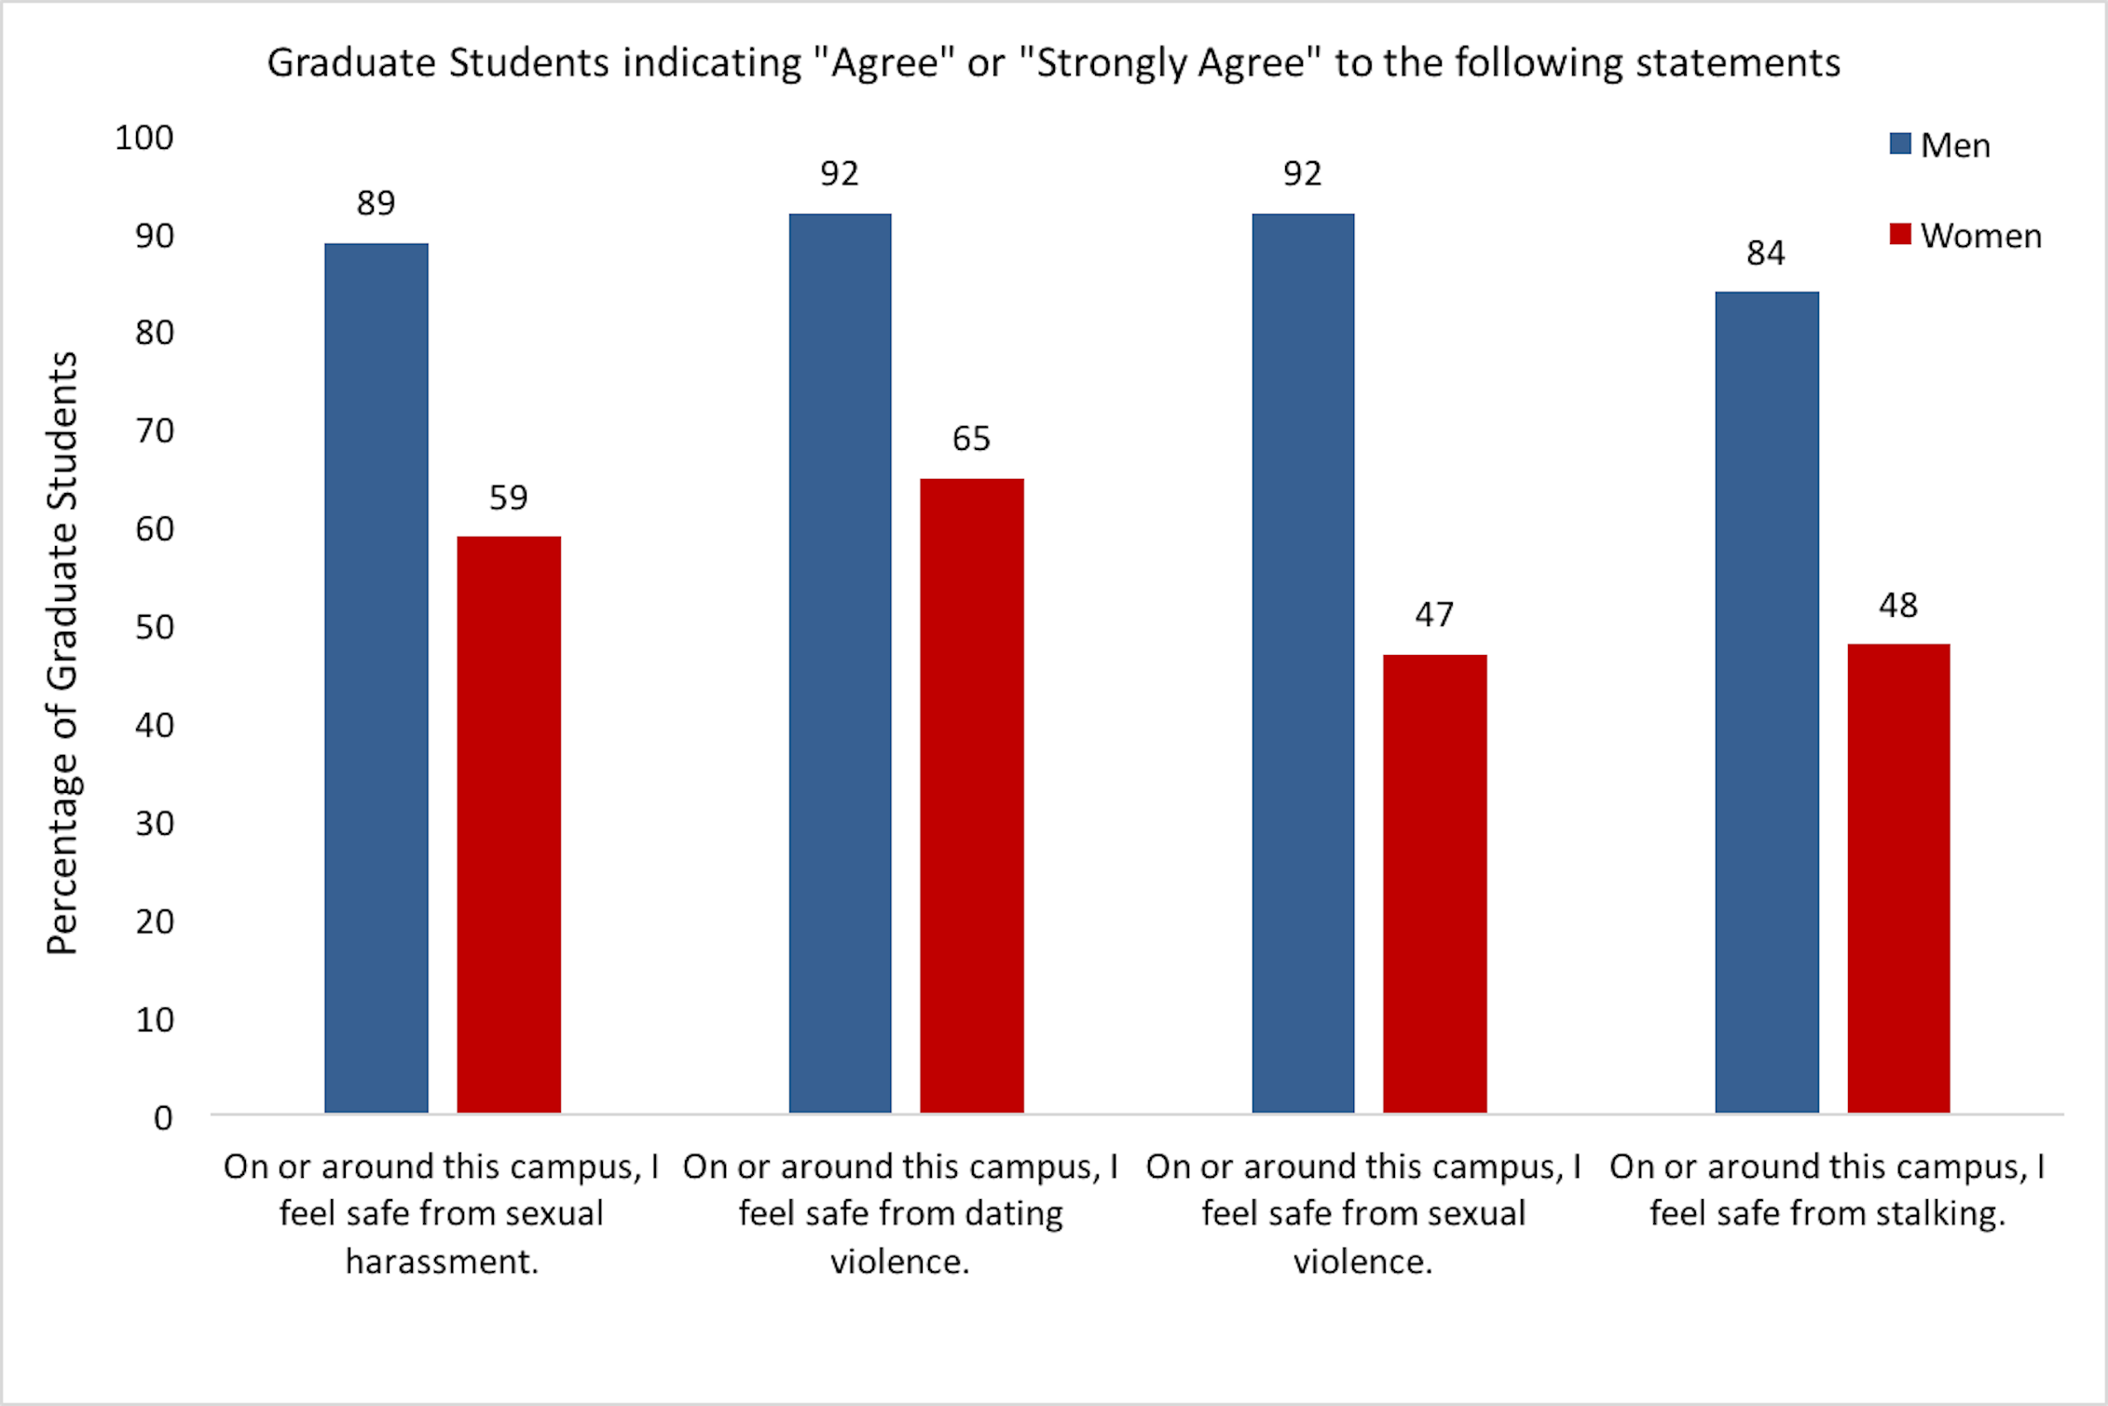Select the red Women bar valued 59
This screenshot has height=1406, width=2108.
[x=508, y=824]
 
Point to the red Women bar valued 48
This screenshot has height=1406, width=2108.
[x=1898, y=878]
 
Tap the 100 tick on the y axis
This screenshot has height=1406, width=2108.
[x=144, y=138]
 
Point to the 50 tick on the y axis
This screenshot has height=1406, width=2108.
[x=154, y=627]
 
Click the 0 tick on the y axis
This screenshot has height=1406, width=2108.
[x=163, y=1117]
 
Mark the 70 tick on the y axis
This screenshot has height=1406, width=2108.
[x=154, y=430]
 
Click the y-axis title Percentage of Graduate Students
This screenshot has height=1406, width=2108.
[x=62, y=652]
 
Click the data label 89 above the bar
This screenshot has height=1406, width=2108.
[x=376, y=202]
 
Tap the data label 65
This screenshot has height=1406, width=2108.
[x=971, y=438]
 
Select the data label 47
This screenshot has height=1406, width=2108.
[x=1434, y=614]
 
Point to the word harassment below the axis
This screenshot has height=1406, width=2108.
[x=442, y=1261]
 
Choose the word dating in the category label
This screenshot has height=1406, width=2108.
[x=1013, y=1213]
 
